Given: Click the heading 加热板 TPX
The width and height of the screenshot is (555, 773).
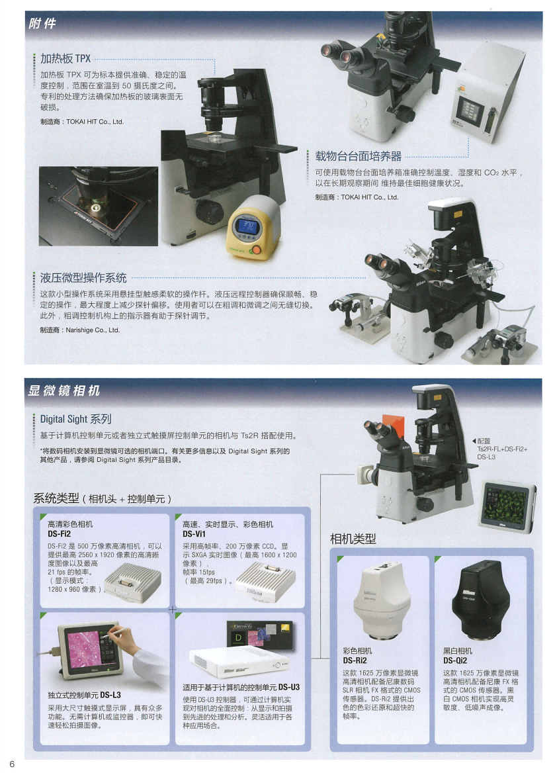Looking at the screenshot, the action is click(65, 59).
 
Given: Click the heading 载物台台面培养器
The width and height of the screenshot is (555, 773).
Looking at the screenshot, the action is click(359, 156).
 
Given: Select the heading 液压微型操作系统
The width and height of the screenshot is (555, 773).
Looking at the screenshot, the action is click(83, 278).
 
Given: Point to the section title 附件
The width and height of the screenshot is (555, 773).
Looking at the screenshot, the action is click(42, 23).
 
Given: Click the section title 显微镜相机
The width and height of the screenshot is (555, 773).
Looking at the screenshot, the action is click(64, 390).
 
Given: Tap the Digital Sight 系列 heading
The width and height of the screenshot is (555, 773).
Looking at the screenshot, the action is click(76, 419).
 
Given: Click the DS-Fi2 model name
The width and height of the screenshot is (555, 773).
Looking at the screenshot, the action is click(59, 533).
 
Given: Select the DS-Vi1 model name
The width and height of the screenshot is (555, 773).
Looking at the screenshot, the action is click(194, 533).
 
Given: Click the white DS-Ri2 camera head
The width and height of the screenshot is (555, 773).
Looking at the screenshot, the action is click(382, 600).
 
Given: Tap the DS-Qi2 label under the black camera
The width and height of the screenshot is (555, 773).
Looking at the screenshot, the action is click(455, 660).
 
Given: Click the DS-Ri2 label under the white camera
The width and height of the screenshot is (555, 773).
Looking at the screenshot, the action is click(355, 660).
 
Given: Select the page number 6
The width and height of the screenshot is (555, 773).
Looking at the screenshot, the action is click(13, 764).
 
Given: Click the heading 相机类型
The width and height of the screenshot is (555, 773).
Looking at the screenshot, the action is click(353, 539).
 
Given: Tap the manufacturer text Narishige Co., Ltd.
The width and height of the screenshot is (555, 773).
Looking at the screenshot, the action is click(93, 330).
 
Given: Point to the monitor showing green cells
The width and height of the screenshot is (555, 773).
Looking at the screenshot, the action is click(507, 506).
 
